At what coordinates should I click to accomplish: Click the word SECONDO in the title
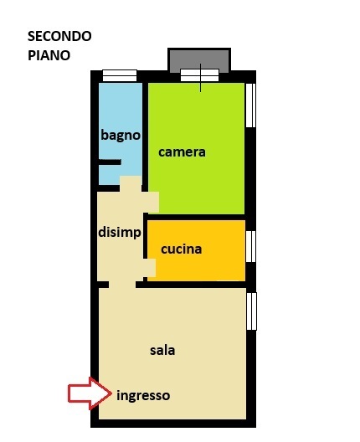59,37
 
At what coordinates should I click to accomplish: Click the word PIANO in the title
48,55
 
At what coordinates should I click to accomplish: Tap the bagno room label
120,135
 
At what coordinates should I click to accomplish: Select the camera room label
182,152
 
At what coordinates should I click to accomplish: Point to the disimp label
119,232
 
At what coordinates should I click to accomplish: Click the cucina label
181,249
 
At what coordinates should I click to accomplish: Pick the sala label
162,350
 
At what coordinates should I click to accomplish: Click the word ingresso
143,395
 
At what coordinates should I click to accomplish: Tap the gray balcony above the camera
199,60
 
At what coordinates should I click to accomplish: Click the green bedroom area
197,184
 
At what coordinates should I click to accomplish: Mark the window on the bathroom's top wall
119,75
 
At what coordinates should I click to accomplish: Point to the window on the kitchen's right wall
250,246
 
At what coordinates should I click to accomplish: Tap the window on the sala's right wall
251,311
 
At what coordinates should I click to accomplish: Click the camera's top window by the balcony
199,75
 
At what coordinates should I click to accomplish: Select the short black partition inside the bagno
110,162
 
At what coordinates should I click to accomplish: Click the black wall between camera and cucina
197,217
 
